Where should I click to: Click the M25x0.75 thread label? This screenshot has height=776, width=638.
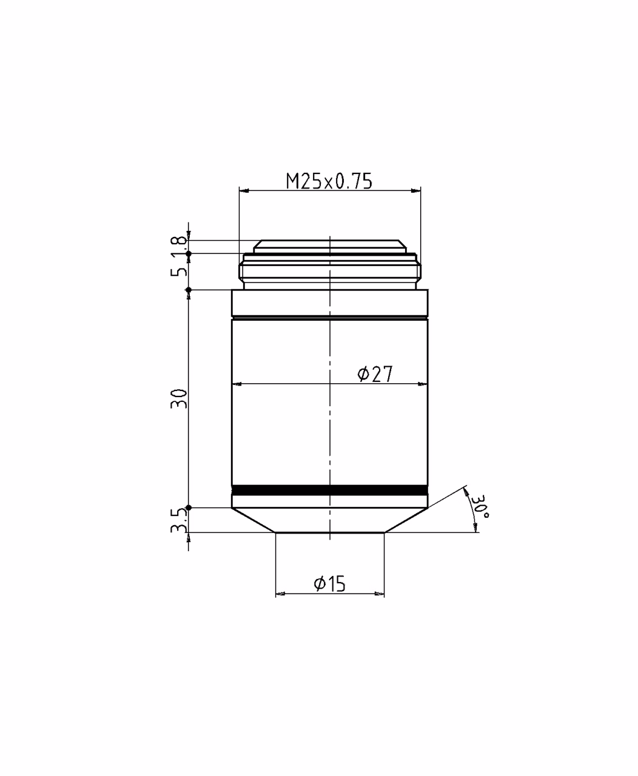pos(329,181)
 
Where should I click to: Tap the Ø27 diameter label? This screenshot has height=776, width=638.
pos(375,374)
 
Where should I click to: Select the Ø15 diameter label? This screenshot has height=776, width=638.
pos(329,584)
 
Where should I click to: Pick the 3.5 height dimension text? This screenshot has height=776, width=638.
pos(179,520)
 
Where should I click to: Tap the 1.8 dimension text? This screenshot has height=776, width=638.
pos(179,246)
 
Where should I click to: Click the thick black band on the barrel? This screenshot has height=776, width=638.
pos(330,490)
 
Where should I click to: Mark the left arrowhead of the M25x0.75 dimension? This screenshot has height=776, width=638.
pos(244,190)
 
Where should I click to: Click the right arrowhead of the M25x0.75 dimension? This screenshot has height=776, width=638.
pos(415,190)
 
